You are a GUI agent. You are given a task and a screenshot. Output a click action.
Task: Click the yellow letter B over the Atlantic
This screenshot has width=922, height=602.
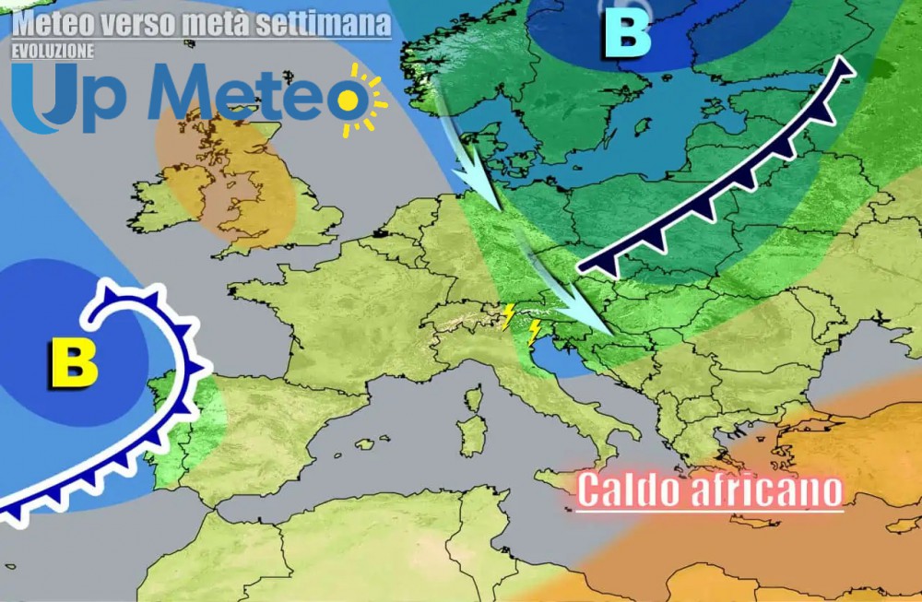(x=74, y=363)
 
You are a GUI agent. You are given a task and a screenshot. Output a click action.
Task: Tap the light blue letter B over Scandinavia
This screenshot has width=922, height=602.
(x=627, y=37)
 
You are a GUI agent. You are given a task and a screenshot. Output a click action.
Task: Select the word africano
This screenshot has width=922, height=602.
(x=765, y=490)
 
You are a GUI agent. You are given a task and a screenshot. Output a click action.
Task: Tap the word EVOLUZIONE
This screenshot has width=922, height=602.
(x=53, y=52)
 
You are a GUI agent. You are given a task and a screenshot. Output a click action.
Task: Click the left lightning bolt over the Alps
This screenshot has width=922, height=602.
(x=506, y=316)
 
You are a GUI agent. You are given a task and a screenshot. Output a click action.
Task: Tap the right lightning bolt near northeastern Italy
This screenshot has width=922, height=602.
(x=533, y=333)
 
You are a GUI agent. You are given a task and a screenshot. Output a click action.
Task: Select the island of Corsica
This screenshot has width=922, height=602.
(x=474, y=400)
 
